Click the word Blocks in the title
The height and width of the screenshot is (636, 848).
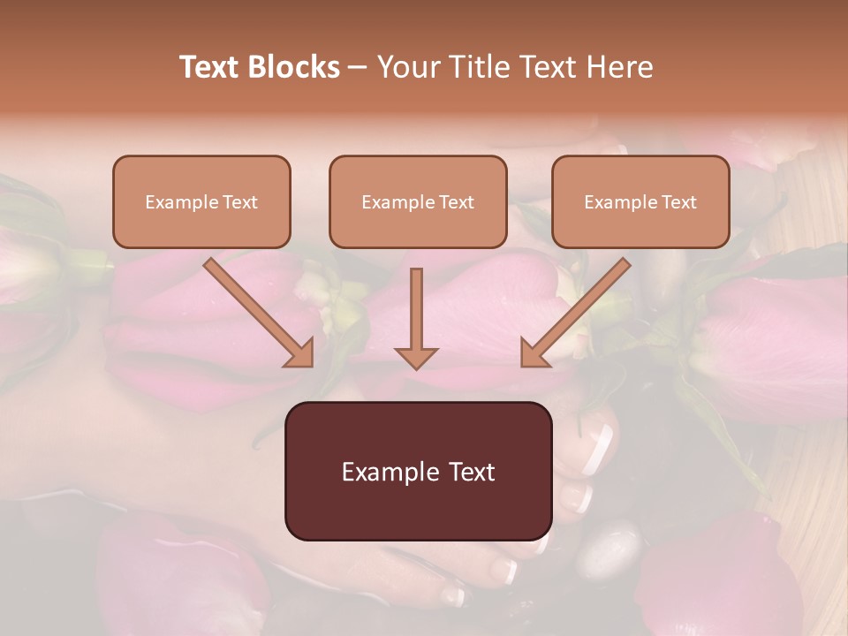pos(296,67)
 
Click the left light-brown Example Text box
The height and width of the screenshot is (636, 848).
pos(201,201)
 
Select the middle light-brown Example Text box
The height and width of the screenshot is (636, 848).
pos(418,201)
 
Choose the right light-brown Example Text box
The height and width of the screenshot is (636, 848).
pos(640,201)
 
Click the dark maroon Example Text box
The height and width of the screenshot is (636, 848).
pos(418,471)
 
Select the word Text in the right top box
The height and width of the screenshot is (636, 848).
pos(678,202)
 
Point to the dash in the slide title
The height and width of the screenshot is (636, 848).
pos(358,67)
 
